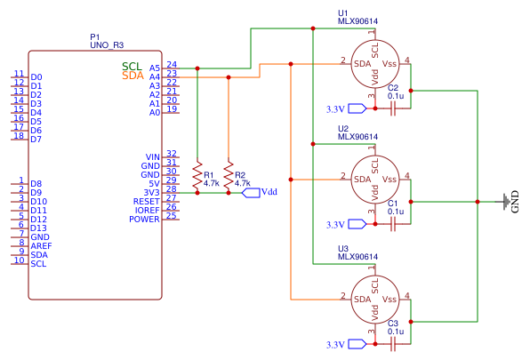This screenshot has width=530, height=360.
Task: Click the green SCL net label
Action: coord(132,67)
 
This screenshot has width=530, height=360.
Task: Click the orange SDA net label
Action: coord(132,76)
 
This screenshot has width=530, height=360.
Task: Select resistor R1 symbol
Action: coord(197,175)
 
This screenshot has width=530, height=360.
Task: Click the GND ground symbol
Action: coord(507,202)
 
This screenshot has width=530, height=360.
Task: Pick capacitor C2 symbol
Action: coord(393,108)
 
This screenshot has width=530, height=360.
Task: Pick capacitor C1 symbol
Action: coord(393,224)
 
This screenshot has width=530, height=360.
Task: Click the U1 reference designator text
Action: coord(342,12)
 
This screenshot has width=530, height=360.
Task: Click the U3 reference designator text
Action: coord(342,248)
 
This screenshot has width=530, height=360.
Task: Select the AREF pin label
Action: coord(42,245)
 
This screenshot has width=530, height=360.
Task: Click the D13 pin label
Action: coord(39,228)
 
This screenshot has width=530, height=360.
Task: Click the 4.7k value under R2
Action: coord(243,183)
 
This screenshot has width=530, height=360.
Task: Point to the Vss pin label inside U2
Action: coord(389,180)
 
